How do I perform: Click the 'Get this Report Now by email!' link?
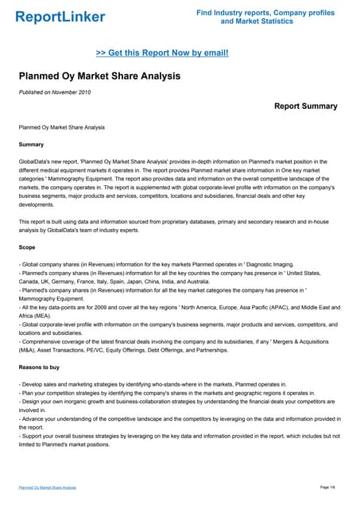coord(162,52)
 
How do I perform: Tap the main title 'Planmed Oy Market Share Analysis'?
coord(99,76)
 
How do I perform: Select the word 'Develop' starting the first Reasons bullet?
coord(34,384)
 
